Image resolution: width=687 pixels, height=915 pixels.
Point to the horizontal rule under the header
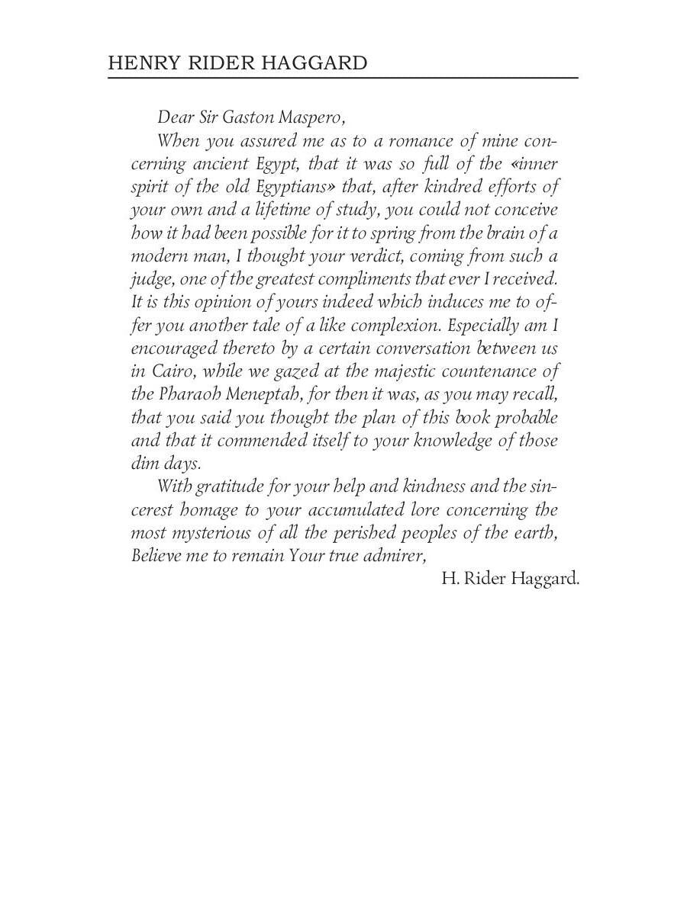[x=343, y=78]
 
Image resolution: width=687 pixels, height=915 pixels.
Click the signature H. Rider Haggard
[x=510, y=579]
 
